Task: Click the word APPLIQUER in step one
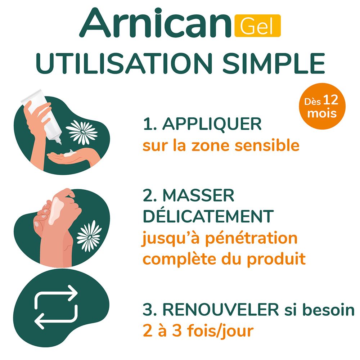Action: click(212, 124)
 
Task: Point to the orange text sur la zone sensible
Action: click(221, 146)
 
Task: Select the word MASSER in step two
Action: click(198, 195)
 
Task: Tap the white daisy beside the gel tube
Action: click(82, 132)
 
